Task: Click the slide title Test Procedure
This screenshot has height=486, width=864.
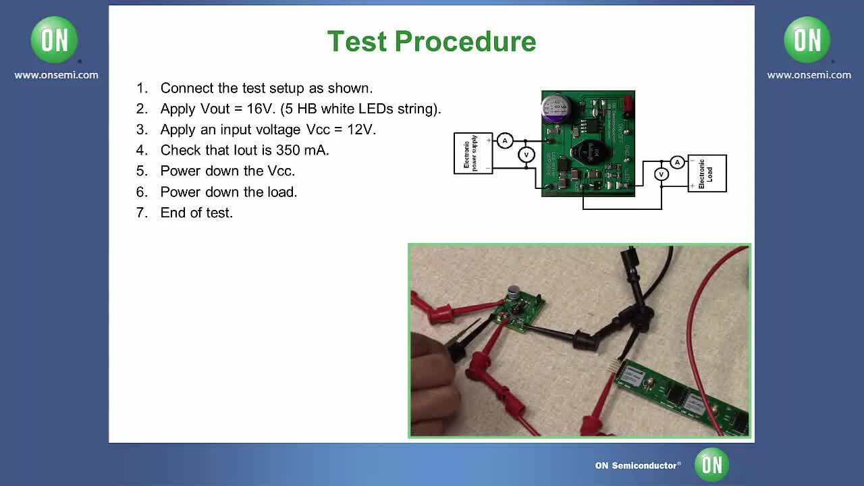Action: [x=431, y=41]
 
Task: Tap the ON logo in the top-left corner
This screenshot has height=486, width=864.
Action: [x=55, y=40]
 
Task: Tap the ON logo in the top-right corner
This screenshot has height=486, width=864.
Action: [x=807, y=40]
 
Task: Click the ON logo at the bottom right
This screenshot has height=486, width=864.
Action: [x=711, y=464]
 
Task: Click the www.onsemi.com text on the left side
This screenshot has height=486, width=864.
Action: [x=56, y=75]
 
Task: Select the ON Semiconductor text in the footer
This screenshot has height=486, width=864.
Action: [x=637, y=465]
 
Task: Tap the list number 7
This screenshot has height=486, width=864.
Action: [x=141, y=213]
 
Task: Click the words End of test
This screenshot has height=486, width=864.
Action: [x=196, y=213]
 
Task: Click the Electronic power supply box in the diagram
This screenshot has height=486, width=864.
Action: [x=473, y=153]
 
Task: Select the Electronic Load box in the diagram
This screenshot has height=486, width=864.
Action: [x=707, y=173]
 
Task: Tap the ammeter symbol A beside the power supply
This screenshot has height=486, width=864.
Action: [x=505, y=140]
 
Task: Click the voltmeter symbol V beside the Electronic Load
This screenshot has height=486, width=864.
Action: [x=661, y=174]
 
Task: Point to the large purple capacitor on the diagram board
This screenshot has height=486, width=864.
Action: [x=557, y=108]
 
